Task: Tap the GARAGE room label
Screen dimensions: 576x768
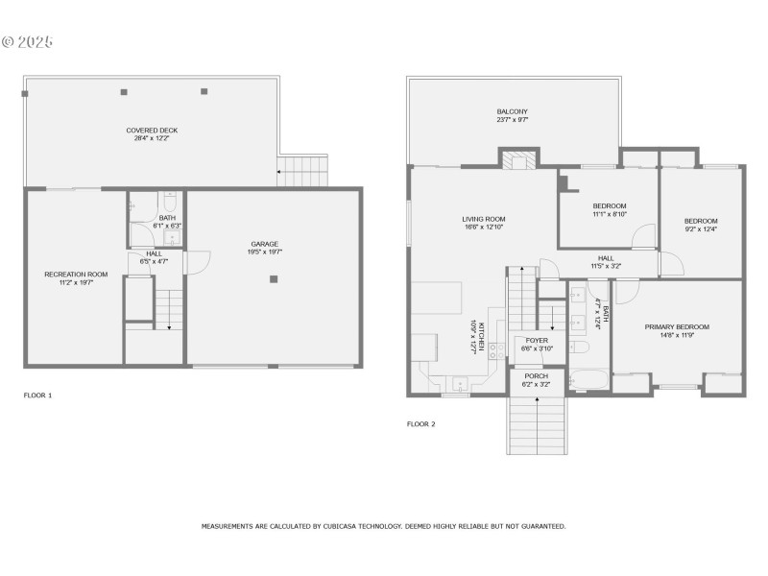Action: tap(265, 244)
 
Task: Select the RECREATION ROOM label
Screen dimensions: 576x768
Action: tap(76, 275)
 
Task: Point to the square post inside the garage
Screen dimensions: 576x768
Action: tap(274, 279)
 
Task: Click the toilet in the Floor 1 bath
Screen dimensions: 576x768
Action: tap(168, 204)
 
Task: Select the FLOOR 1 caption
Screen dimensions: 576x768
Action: tap(37, 395)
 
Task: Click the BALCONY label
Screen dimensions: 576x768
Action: tap(512, 112)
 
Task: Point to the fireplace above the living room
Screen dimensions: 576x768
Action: tap(519, 160)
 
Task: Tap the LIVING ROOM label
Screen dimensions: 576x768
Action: tap(484, 219)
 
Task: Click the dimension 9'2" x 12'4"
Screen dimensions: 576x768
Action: tap(701, 228)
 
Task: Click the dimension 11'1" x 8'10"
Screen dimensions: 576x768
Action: tap(609, 214)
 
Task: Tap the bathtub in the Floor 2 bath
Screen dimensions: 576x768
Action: tap(587, 378)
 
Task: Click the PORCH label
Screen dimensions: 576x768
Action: tap(537, 375)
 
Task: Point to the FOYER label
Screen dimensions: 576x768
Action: tap(537, 340)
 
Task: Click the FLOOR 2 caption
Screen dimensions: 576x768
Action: tap(448, 423)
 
